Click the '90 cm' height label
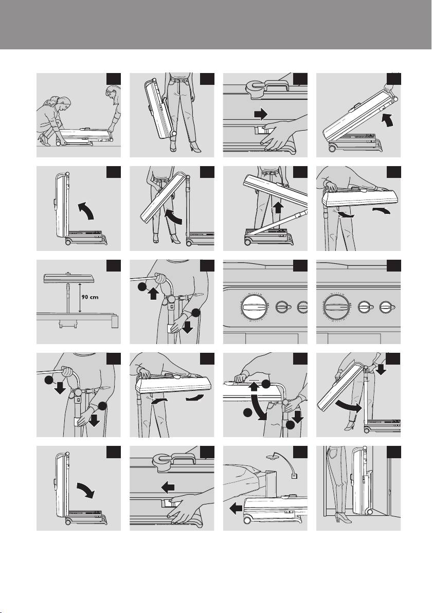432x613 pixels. tap(90, 297)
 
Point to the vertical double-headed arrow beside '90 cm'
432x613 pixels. tap(79, 298)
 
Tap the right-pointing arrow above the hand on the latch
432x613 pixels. tap(261, 114)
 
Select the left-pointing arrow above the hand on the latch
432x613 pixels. tap(168, 487)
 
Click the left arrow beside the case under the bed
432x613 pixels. tap(236, 508)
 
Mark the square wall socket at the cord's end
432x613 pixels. tap(292, 477)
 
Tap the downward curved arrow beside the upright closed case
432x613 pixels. tap(85, 490)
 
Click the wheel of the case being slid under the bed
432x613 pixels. tap(248, 520)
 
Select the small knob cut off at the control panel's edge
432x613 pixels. tap(302, 307)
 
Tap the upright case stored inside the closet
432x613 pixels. tap(362, 480)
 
